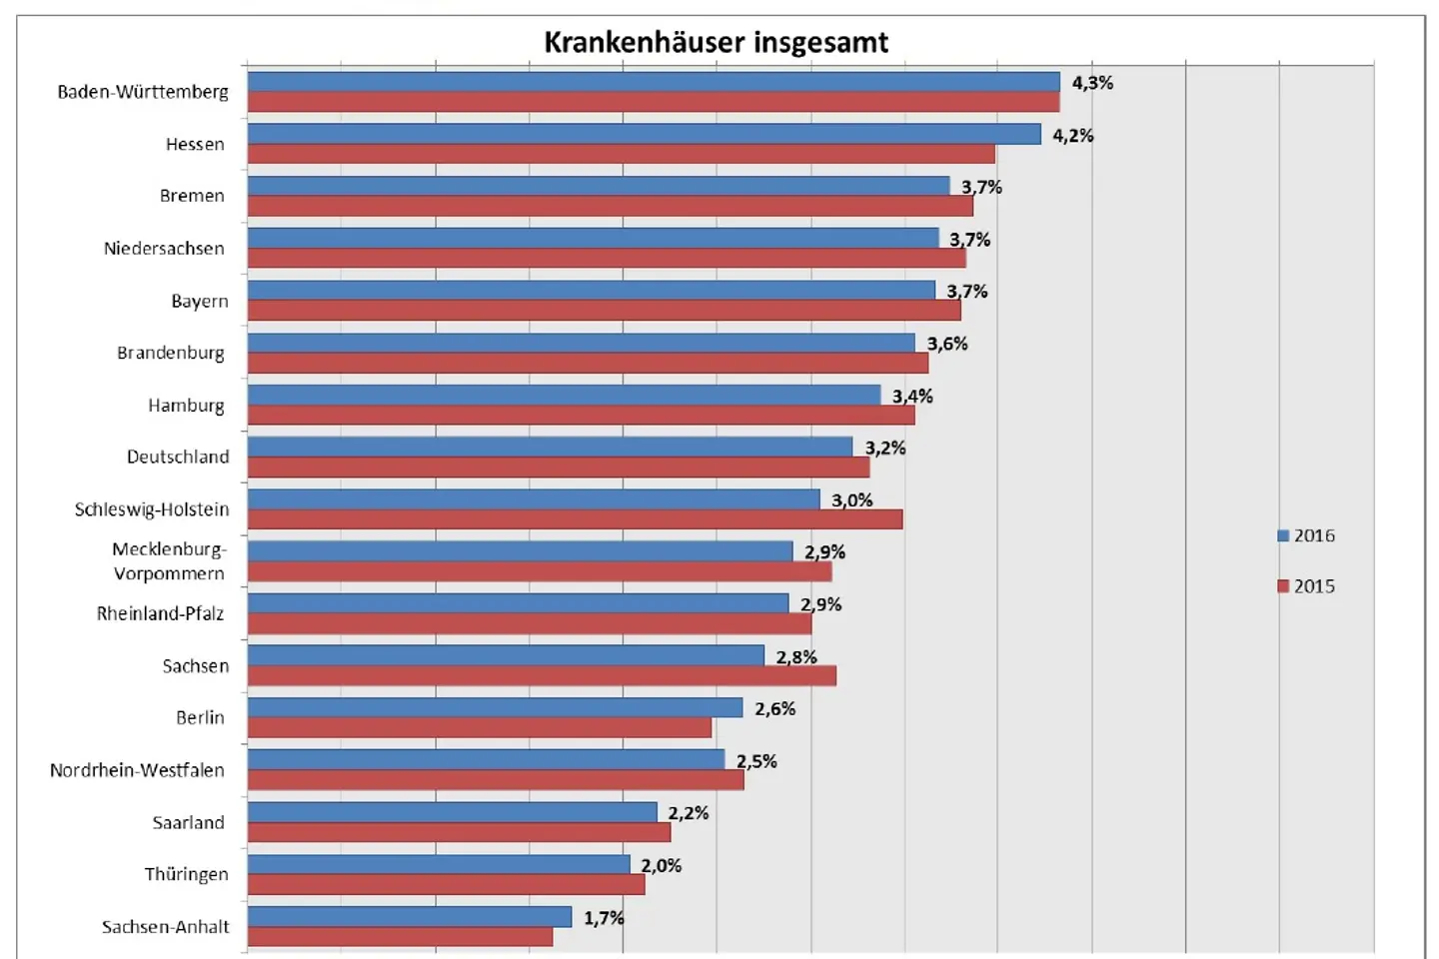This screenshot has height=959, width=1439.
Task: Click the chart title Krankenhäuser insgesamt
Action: (716, 42)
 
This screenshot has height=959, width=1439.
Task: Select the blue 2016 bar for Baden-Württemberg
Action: (654, 82)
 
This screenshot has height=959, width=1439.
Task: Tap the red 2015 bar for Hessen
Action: (621, 154)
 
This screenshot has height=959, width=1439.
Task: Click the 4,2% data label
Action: (1072, 136)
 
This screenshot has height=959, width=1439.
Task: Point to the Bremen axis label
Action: (192, 196)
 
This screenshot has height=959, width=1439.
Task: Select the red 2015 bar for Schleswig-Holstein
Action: (575, 519)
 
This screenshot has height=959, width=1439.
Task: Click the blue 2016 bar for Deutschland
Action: (550, 447)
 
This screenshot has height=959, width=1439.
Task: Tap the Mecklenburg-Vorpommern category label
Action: (169, 561)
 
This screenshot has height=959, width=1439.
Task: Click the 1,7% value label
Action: (604, 918)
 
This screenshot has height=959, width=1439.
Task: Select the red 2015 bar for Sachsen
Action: (542, 676)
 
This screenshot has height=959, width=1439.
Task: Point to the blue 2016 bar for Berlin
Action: (495, 707)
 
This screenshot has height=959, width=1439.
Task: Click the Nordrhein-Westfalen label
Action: (137, 770)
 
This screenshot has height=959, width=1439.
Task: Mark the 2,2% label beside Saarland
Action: (689, 813)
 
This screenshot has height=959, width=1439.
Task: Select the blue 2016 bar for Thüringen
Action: (439, 864)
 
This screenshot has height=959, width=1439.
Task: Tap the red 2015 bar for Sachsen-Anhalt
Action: (400, 937)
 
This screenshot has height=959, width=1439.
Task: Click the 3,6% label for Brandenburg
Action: (946, 344)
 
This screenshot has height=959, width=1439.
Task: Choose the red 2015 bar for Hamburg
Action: (581, 416)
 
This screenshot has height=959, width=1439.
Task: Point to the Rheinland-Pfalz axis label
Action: (160, 613)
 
